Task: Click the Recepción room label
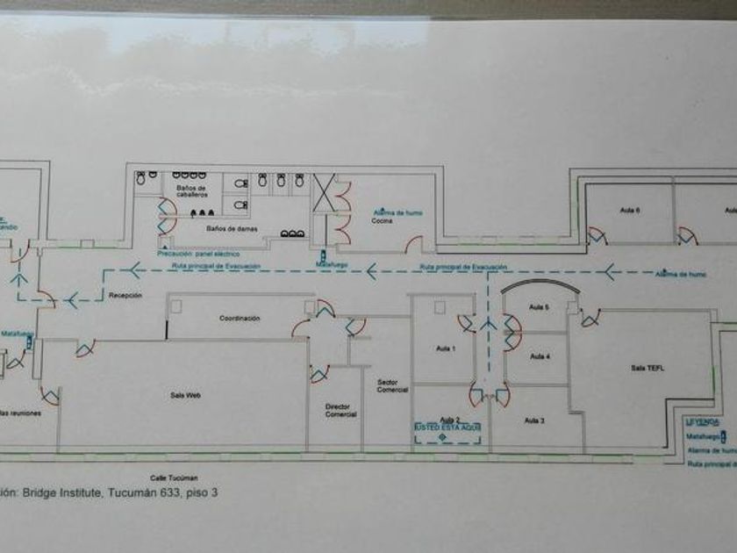click(x=125, y=297)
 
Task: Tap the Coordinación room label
click(x=240, y=318)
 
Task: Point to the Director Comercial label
click(x=340, y=411)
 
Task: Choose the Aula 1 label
click(x=447, y=349)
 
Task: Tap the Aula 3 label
click(x=535, y=421)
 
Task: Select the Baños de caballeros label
click(x=191, y=191)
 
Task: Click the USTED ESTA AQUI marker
click(x=448, y=427)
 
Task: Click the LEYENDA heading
click(x=702, y=421)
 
